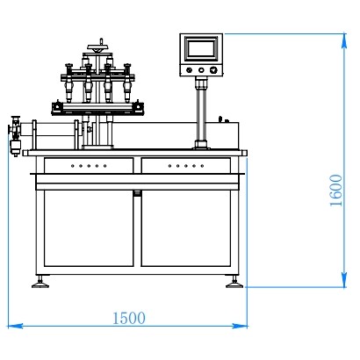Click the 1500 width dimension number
click(x=128, y=318)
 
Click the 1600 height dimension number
click(x=336, y=190)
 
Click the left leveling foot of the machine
click(x=40, y=283)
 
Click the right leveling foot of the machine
click(x=234, y=283)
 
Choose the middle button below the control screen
click(x=201, y=70)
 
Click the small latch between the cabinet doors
click(x=137, y=192)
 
